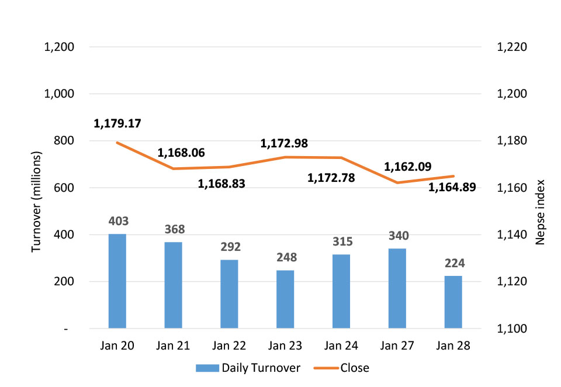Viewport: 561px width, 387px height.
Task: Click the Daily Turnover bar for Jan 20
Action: pos(117,281)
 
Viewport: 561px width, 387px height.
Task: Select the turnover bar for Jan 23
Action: pos(286,299)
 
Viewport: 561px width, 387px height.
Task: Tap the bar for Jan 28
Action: pos(453,302)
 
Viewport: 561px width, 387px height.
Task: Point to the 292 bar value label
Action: pos(230,247)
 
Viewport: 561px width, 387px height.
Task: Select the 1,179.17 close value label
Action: pos(117,124)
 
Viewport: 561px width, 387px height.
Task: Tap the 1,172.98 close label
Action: pos(284,143)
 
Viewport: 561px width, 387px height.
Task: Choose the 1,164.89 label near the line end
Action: pos(452,187)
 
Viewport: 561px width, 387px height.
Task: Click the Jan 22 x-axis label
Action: pos(230,345)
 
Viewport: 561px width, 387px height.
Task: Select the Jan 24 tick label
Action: pos(342,345)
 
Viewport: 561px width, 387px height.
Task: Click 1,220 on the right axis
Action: pos(512,47)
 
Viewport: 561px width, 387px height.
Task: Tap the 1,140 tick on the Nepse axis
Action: pos(512,235)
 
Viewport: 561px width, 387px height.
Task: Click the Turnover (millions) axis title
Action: pos(37,202)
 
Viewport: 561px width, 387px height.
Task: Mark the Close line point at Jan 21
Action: pos(174,168)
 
